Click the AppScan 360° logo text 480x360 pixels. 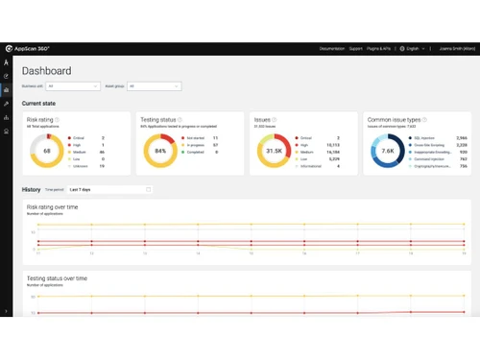33,48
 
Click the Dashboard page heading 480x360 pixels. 46,71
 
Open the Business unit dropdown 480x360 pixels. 73,86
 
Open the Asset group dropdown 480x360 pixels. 154,86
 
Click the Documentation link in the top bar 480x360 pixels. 331,48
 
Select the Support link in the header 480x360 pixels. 356,48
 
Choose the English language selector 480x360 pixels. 413,48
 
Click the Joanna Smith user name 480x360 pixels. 455,48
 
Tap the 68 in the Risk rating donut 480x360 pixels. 47,151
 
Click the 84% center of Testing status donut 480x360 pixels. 160,151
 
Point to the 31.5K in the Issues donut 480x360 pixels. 274,151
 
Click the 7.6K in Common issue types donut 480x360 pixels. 388,151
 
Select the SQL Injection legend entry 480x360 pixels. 429,138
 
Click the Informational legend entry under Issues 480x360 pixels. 315,166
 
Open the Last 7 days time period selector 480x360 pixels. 109,189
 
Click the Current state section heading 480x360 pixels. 38,103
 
